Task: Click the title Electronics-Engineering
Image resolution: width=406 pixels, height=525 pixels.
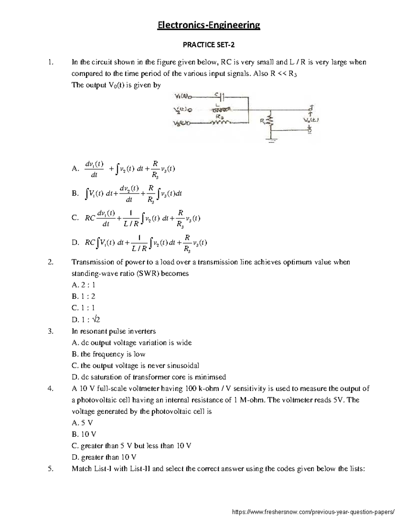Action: pos(208,25)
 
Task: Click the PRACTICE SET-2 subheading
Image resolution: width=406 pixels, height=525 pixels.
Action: pos(208,45)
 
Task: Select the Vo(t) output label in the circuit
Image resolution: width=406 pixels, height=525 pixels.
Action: pos(311,120)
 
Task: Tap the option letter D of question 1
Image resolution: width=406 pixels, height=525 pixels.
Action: pos(75,242)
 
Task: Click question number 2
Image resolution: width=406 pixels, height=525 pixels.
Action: pos(50,262)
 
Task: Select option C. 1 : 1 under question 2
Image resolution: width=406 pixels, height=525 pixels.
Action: pos(83,308)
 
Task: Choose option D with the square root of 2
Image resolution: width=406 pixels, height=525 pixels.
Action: pos(86,319)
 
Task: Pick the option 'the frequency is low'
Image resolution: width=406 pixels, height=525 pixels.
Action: pos(109,354)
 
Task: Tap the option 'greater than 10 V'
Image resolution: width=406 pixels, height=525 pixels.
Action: pos(104,457)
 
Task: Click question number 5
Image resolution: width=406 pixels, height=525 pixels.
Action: pos(50,469)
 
